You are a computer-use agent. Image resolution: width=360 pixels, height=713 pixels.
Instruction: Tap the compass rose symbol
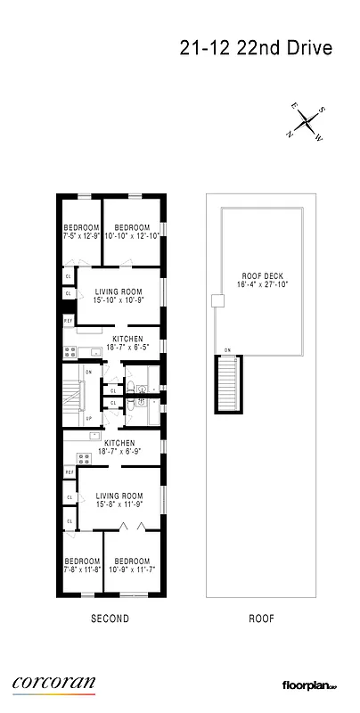tap(307, 120)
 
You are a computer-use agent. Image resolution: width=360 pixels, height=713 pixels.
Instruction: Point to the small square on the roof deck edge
tap(214, 302)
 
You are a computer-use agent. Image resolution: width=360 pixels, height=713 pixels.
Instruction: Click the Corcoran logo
tap(53, 683)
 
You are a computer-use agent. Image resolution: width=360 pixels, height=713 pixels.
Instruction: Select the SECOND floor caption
tap(110, 618)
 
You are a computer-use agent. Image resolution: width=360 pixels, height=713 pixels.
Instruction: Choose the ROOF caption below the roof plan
tap(260, 618)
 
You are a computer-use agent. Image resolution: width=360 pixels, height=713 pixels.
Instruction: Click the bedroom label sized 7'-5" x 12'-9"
tap(81, 233)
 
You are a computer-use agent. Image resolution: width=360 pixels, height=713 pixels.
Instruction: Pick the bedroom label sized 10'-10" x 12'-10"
tap(130, 233)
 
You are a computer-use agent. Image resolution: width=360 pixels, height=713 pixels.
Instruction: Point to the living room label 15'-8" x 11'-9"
tap(119, 500)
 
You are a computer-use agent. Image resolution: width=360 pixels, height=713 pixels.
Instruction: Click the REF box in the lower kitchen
tap(69, 471)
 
